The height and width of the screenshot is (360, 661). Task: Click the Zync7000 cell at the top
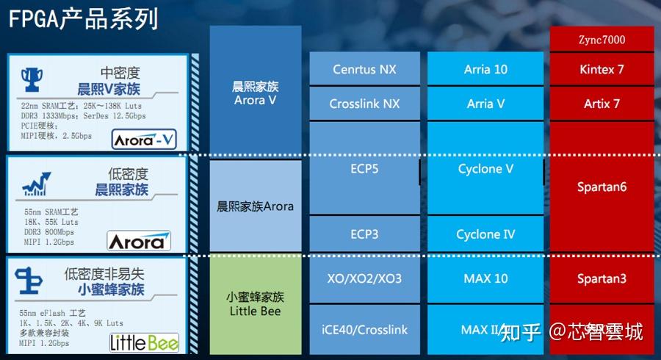pyautogui.click(x=602, y=40)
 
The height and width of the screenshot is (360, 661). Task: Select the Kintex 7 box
pyautogui.click(x=602, y=70)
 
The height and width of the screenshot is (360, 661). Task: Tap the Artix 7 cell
pyautogui.click(x=602, y=104)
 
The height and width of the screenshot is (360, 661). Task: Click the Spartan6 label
pyautogui.click(x=602, y=187)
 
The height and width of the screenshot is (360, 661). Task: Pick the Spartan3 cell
pyautogui.click(x=602, y=279)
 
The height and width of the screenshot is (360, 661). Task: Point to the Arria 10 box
pyautogui.click(x=485, y=70)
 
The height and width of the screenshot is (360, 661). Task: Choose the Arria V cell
pyautogui.click(x=485, y=104)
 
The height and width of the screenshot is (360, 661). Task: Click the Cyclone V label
pyautogui.click(x=485, y=169)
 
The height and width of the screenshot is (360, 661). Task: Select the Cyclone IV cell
pyautogui.click(x=485, y=234)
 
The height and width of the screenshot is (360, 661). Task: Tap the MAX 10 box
pyautogui.click(x=485, y=279)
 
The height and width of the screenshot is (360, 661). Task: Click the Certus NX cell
pyautogui.click(x=364, y=70)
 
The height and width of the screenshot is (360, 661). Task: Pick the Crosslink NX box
pyautogui.click(x=364, y=104)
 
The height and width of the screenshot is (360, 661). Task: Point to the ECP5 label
pyautogui.click(x=364, y=169)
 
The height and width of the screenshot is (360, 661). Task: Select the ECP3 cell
pyautogui.click(x=364, y=234)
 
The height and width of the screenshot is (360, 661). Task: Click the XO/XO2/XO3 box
pyautogui.click(x=364, y=279)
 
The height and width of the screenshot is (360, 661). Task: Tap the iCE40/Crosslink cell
pyautogui.click(x=364, y=330)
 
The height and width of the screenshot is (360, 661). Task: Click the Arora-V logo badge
pyautogui.click(x=144, y=139)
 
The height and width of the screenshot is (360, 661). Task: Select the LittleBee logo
pyautogui.click(x=144, y=342)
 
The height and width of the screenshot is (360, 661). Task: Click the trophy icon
pyautogui.click(x=32, y=79)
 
